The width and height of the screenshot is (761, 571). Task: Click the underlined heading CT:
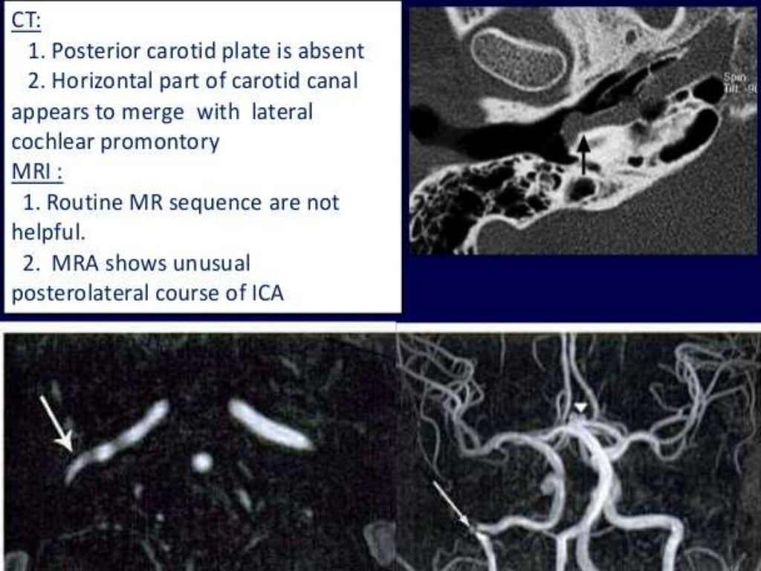click(x=26, y=22)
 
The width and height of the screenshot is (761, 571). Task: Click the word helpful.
click(x=48, y=232)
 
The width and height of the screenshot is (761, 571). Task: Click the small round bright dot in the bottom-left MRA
click(x=201, y=462)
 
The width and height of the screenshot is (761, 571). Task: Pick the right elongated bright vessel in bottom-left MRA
click(x=270, y=425)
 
